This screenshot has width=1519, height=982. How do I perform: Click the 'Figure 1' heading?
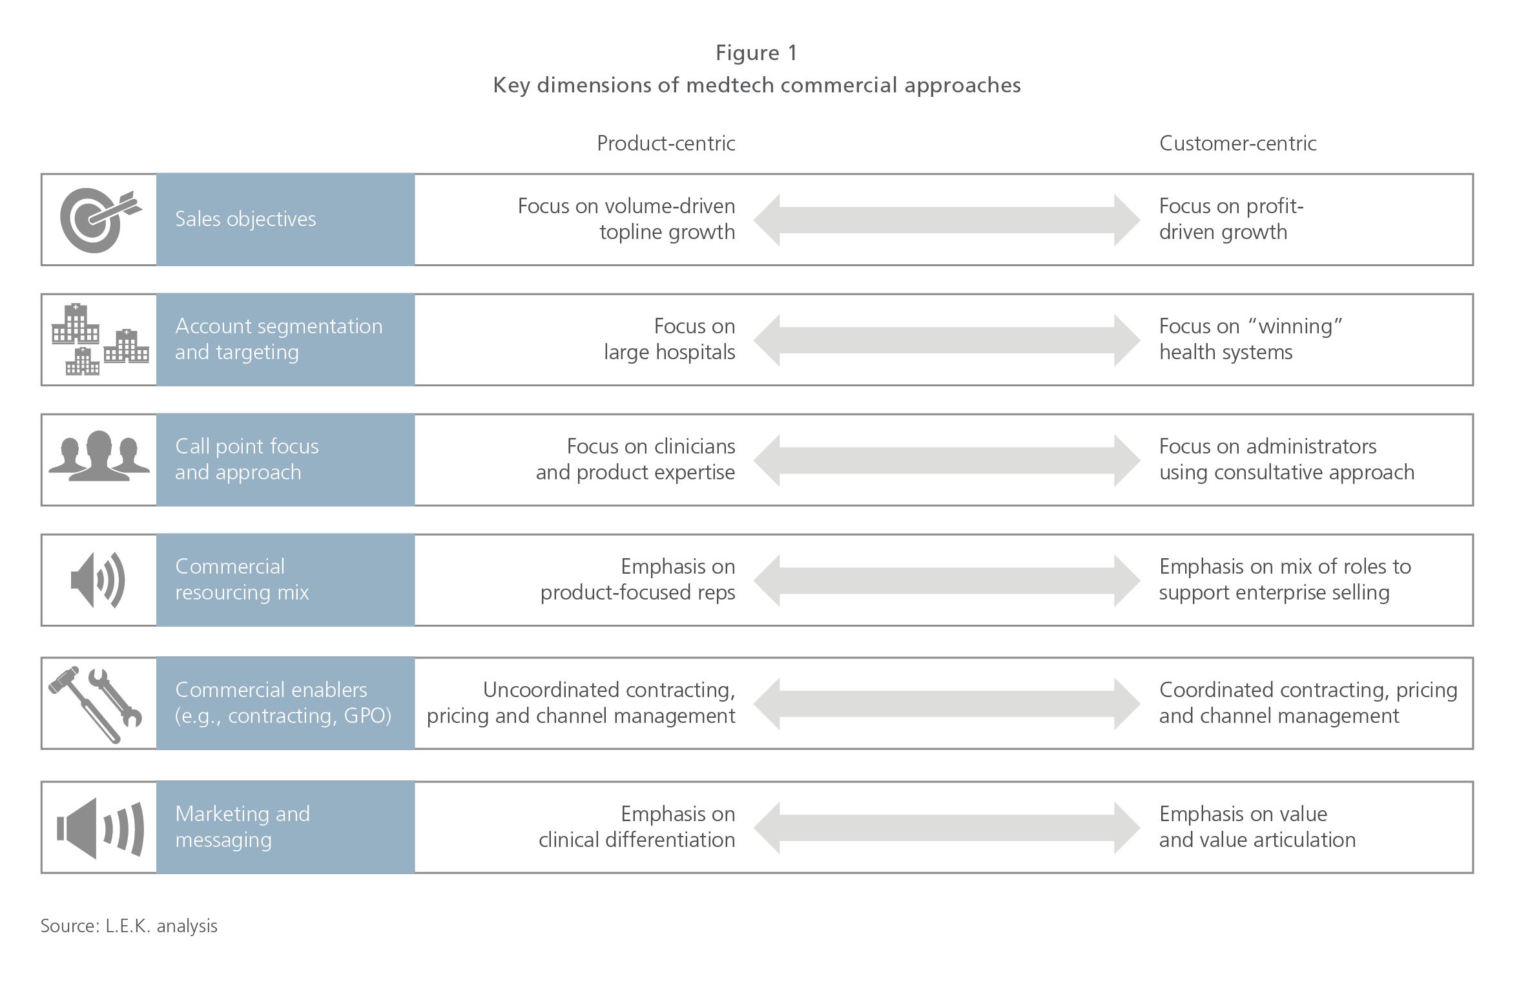click(x=756, y=53)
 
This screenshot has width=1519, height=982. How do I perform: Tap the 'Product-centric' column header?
click(x=666, y=143)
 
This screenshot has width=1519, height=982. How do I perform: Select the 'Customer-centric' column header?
click(x=1237, y=143)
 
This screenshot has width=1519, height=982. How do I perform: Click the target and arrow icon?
click(x=100, y=220)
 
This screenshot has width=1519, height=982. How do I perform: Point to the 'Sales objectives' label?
click(x=245, y=219)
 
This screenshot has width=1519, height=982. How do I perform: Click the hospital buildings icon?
click(x=100, y=340)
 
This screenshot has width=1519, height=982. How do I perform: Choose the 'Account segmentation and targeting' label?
click(x=278, y=339)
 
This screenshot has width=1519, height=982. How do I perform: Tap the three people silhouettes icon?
click(x=99, y=456)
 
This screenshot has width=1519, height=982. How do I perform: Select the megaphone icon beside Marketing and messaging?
click(x=100, y=828)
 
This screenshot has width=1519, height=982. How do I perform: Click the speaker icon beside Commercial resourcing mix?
click(x=98, y=580)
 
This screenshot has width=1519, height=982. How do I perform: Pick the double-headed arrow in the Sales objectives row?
click(x=947, y=220)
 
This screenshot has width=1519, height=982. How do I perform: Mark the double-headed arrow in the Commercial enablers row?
click(x=947, y=704)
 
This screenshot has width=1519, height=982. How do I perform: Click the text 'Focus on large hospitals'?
click(x=670, y=339)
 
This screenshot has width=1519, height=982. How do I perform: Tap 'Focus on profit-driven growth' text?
click(x=1231, y=219)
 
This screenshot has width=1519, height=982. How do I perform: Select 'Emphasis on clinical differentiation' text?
click(x=637, y=827)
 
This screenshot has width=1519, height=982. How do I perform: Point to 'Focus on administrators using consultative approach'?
click(x=1286, y=459)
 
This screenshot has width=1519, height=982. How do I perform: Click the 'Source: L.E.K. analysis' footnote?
click(x=129, y=926)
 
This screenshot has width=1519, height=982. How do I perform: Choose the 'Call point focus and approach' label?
click(x=247, y=459)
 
